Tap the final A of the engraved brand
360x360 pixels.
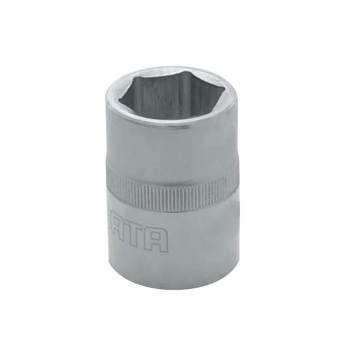tap(160, 240)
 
